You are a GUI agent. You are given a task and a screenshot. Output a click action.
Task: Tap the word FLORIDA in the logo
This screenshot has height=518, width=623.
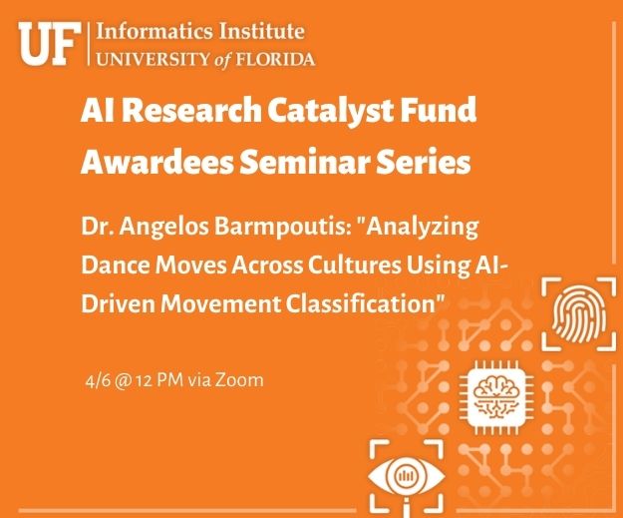coord(276,59)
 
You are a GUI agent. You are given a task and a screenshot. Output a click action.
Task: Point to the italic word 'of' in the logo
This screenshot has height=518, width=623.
coord(222,60)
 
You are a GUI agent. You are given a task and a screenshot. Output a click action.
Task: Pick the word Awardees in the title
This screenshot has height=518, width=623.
coord(156,162)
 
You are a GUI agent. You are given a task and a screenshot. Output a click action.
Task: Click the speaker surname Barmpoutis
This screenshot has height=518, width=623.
coord(280,228)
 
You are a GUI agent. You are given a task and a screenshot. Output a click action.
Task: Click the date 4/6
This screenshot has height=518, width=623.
coord(98,380)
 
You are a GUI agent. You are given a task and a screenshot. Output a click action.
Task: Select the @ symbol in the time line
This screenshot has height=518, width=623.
coord(123,381)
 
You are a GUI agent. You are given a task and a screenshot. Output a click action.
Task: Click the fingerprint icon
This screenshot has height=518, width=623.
coord(579,315)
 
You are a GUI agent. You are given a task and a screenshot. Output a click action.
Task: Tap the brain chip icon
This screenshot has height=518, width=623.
coord(496,397)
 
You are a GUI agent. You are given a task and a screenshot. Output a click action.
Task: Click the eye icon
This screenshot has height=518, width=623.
coord(407,476)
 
